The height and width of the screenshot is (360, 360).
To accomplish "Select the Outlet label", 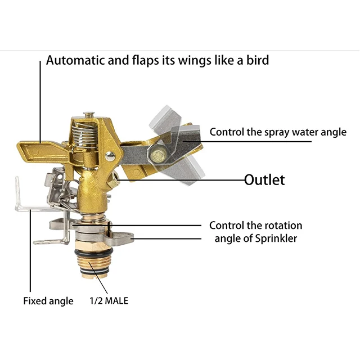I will pos(264,180).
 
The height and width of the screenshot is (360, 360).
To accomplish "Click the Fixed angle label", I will pos(48,301).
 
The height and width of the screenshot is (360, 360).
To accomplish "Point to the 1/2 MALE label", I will pos(109,300).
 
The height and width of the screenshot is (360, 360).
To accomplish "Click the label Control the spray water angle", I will pos(278,132).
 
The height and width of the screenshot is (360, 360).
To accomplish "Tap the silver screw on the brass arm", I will pos(111,156).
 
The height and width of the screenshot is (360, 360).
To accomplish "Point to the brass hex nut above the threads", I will pos(89,245).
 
